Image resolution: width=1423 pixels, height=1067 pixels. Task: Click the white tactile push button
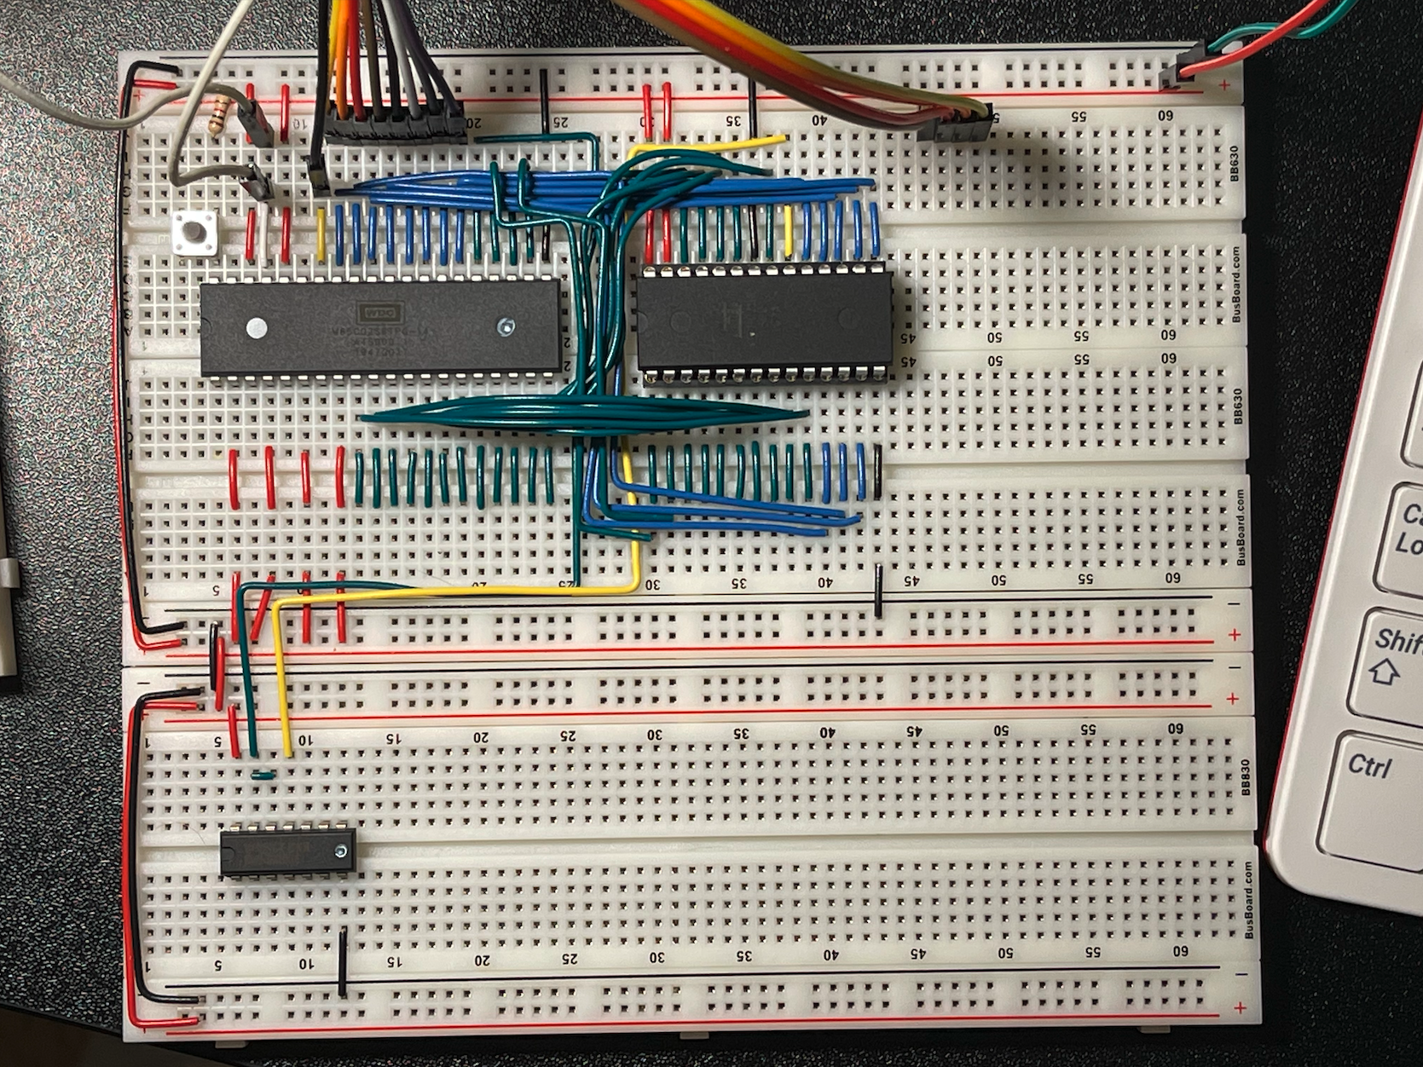point(196,232)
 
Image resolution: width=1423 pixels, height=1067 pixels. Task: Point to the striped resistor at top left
point(220,115)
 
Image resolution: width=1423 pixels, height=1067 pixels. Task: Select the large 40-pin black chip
point(380,327)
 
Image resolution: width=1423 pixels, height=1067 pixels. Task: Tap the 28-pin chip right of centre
point(765,321)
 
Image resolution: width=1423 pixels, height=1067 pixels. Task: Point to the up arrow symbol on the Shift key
point(1383,673)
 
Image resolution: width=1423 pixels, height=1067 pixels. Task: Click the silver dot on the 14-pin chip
point(342,851)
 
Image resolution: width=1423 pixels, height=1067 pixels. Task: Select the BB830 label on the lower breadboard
point(1246,777)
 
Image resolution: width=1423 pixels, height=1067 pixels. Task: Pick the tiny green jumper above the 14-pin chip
point(263,776)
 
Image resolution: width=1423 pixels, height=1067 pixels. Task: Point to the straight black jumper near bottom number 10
point(343,961)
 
